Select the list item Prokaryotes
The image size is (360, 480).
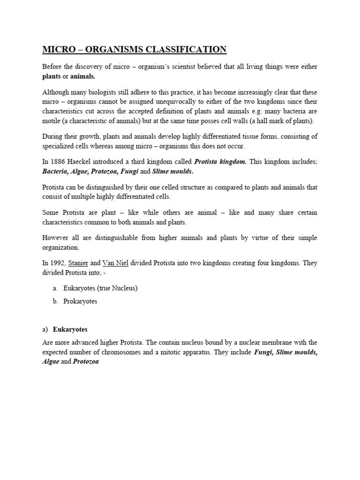(x=81, y=301)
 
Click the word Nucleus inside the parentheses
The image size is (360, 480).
(x=122, y=288)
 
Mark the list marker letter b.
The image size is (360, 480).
(x=55, y=301)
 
